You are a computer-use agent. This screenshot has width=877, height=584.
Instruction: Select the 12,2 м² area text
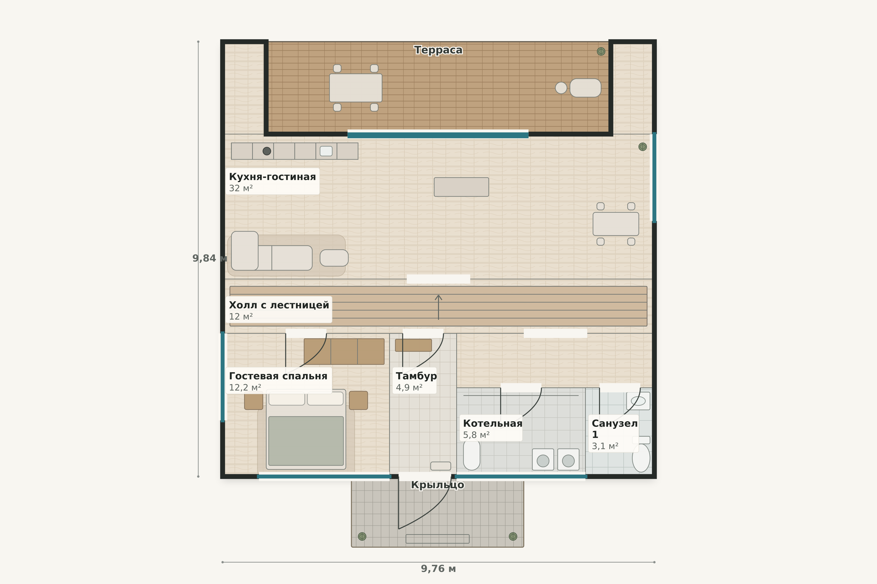pyautogui.click(x=245, y=388)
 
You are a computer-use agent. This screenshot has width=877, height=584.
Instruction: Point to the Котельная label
pyautogui.click(x=493, y=423)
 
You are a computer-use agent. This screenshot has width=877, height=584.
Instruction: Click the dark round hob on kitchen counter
pyautogui.click(x=267, y=151)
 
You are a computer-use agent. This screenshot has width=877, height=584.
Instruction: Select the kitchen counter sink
pyautogui.click(x=326, y=151)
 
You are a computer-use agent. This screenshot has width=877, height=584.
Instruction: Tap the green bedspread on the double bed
pyautogui.click(x=306, y=441)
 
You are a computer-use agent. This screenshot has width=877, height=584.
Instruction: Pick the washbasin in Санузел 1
pyautogui.click(x=638, y=401)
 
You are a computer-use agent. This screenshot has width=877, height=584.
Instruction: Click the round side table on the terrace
pyautogui.click(x=561, y=88)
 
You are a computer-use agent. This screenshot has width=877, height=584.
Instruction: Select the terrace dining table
pyautogui.click(x=356, y=88)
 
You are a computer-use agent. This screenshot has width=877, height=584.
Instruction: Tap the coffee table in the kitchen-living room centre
pyautogui.click(x=461, y=187)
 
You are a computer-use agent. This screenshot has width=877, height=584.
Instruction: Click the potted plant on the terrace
pyautogui.click(x=601, y=51)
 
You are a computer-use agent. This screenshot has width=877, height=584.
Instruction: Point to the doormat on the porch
pyautogui.click(x=437, y=539)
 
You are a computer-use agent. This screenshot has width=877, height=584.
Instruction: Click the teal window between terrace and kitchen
pyautogui.click(x=438, y=135)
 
